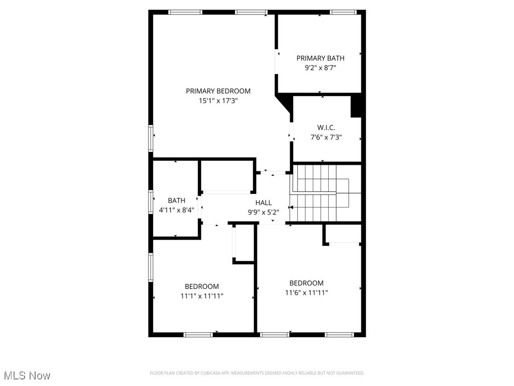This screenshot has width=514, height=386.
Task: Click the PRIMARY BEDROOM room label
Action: click(x=218, y=91)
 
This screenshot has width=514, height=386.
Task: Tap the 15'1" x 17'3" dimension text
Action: click(x=218, y=101)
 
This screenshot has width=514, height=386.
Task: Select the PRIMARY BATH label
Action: click(x=320, y=58)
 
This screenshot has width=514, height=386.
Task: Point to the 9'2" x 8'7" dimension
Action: click(x=320, y=67)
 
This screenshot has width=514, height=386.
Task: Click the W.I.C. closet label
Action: click(x=326, y=128)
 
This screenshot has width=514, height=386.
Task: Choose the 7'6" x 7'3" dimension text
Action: click(x=326, y=137)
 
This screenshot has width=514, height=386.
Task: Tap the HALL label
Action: click(x=264, y=203)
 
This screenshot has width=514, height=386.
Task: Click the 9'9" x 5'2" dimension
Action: click(x=264, y=212)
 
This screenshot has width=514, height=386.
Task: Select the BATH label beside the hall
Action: click(x=176, y=201)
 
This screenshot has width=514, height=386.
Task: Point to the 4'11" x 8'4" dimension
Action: click(x=176, y=210)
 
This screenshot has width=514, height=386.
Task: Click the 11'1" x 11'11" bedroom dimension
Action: click(x=202, y=296)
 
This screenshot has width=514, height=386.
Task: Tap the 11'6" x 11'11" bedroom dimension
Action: click(x=306, y=293)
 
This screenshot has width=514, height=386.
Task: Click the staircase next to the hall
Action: click(x=321, y=194)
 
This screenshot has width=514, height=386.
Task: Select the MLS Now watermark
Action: click(x=27, y=375)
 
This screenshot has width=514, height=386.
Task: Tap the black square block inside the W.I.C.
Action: click(x=356, y=107)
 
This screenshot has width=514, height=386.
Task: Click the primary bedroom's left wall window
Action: click(x=151, y=138)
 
